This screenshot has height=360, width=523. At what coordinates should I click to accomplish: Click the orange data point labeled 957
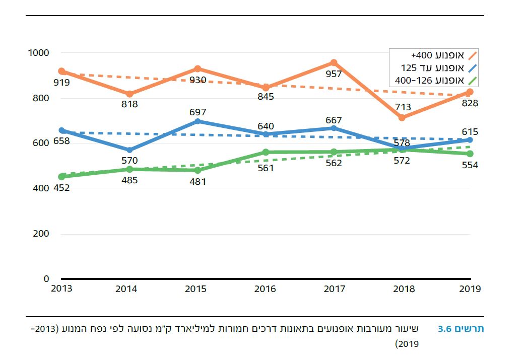click(x=334, y=63)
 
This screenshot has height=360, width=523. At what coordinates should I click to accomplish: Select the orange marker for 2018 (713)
click(x=402, y=117)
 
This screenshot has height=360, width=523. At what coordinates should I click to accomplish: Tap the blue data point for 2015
click(x=198, y=121)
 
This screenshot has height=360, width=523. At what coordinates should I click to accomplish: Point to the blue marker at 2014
click(x=129, y=150)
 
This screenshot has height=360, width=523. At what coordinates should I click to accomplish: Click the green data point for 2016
click(x=266, y=152)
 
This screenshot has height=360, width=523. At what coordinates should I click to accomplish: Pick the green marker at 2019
click(x=470, y=154)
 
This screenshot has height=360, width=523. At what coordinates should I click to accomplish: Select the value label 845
click(x=266, y=97)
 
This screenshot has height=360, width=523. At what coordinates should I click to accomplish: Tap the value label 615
click(x=470, y=132)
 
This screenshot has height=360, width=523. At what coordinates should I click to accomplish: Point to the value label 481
click(x=198, y=182)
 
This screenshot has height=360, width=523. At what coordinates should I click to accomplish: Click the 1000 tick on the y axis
click(x=39, y=53)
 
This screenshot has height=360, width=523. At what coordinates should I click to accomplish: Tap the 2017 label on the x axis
click(x=334, y=289)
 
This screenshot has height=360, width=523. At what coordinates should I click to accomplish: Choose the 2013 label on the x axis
click(x=61, y=289)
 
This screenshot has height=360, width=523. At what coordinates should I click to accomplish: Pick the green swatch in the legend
click(x=472, y=80)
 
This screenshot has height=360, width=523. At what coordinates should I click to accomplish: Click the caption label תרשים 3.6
click(x=461, y=329)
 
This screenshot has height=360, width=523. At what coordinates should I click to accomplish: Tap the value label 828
click(x=470, y=103)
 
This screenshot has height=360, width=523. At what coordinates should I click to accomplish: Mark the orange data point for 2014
click(x=129, y=94)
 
